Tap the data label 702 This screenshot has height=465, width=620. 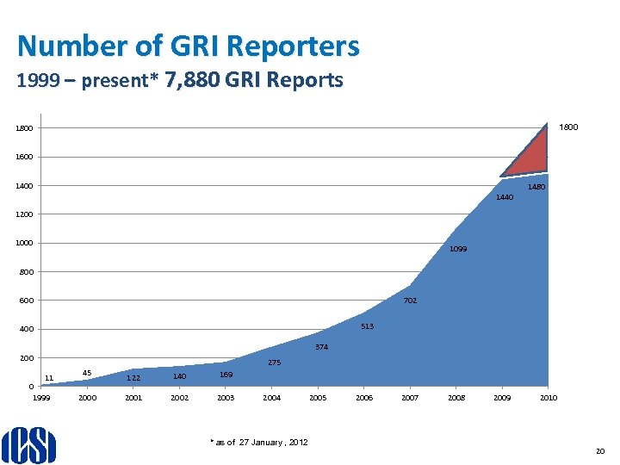410,301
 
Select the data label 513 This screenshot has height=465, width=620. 368,326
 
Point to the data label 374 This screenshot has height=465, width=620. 320,347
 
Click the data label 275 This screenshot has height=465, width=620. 274,363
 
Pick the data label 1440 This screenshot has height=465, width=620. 505,197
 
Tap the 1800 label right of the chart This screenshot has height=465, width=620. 568,127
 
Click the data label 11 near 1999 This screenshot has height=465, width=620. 49,377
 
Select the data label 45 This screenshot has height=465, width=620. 87,373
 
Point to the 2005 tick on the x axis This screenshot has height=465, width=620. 317,398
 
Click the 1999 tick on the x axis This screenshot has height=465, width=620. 41,398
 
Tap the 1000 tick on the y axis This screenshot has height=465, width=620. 23,243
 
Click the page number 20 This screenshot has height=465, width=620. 600,450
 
